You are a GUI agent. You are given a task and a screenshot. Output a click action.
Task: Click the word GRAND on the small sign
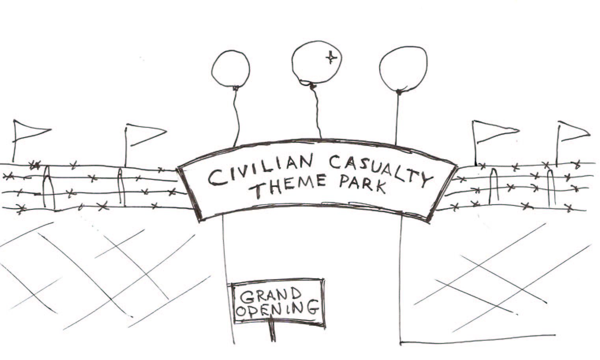tap(271, 295)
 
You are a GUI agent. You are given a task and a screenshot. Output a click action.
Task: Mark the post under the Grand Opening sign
tap(272, 333)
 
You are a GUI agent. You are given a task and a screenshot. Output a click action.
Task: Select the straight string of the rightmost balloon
tap(397, 118)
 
